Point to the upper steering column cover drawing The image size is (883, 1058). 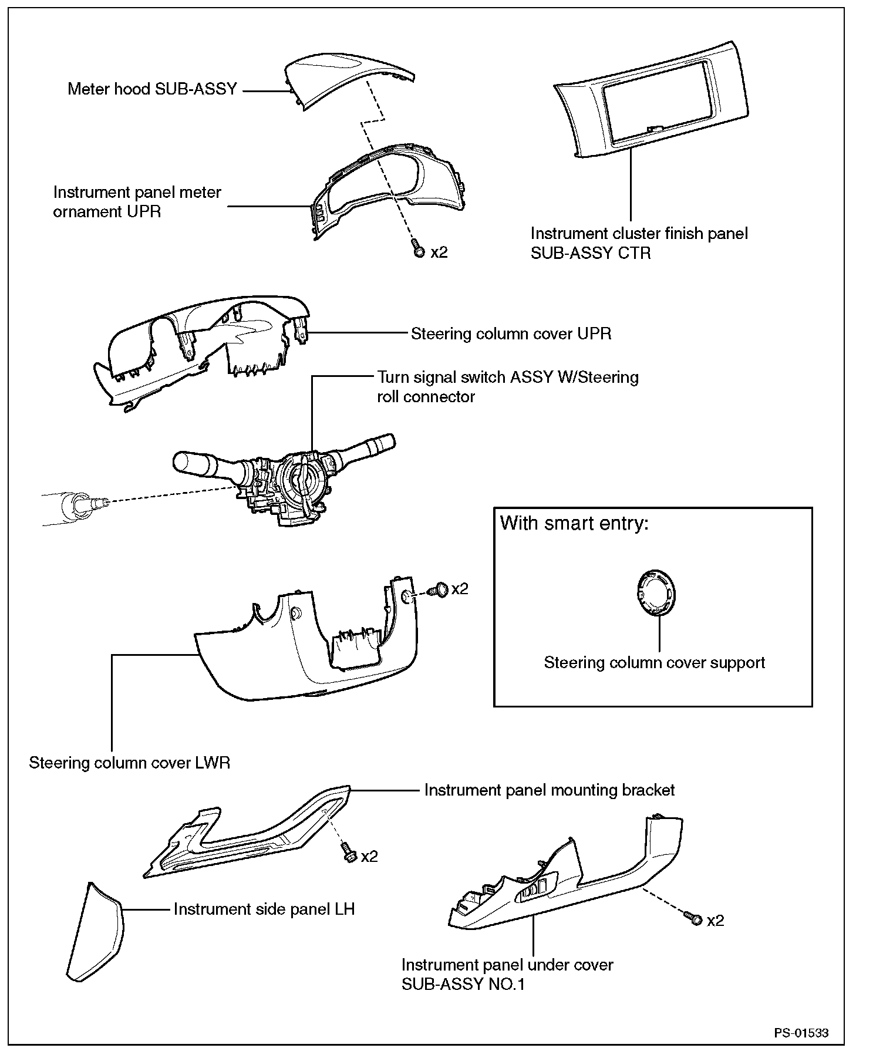click(200, 346)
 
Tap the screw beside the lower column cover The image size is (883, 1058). click(439, 589)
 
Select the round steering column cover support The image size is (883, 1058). click(655, 593)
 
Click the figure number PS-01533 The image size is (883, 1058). click(801, 1033)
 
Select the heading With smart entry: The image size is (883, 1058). click(574, 523)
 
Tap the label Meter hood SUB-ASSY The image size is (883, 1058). click(152, 89)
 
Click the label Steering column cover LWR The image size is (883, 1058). click(130, 763)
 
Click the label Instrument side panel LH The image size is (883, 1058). click(264, 909)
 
